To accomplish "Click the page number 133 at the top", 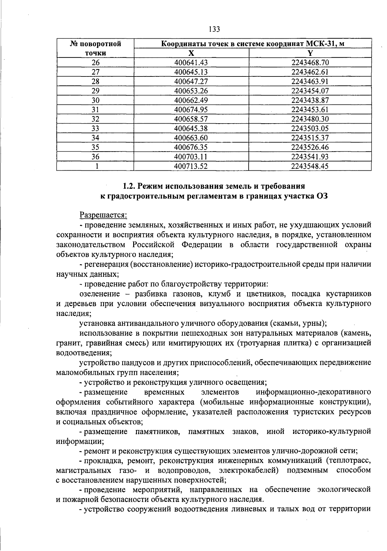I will pyautogui.click(x=214, y=29).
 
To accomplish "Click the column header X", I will pyautogui.click(x=191, y=53).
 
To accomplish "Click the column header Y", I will pyautogui.click(x=310, y=53).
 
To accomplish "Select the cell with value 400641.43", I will pyautogui.click(x=191, y=63).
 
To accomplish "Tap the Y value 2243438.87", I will pyautogui.click(x=310, y=100).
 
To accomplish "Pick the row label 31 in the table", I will pyautogui.click(x=95, y=110).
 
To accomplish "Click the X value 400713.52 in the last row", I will pyautogui.click(x=191, y=166).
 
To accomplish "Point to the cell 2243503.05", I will pyautogui.click(x=310, y=128).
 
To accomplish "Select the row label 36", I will pyautogui.click(x=95, y=157).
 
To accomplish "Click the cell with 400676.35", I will pyautogui.click(x=191, y=147).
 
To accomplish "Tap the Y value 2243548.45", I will pyautogui.click(x=310, y=166).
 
